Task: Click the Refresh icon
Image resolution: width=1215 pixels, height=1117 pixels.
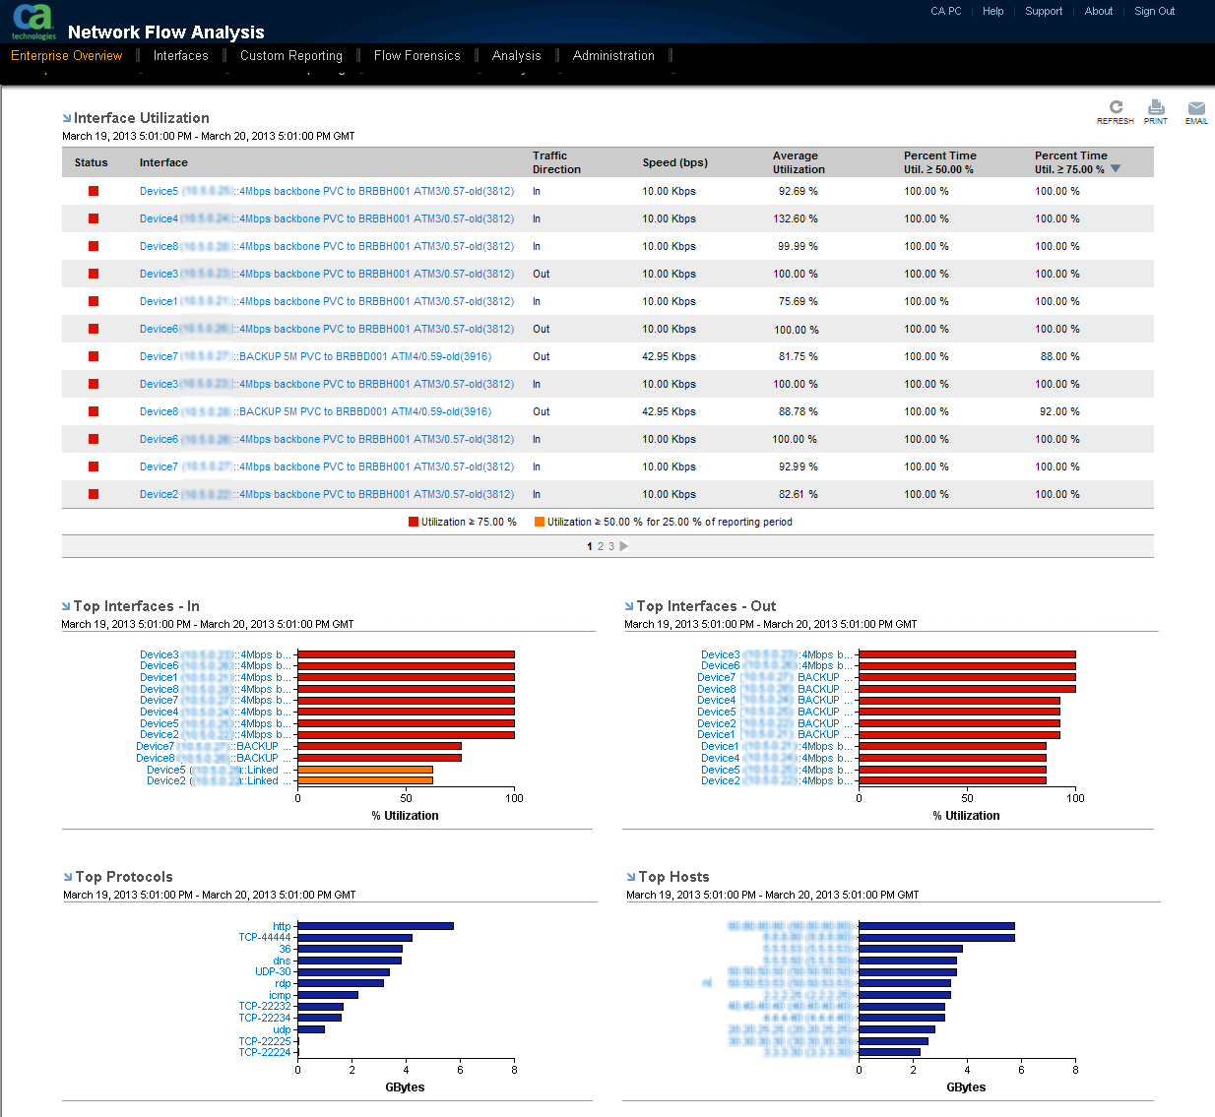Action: point(1116,108)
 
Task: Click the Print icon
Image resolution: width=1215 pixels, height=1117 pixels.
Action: point(1156,108)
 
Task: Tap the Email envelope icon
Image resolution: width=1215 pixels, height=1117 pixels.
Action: point(1196,108)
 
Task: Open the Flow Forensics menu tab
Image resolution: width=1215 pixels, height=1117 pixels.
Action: point(416,56)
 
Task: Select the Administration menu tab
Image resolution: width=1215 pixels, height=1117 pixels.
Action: point(613,56)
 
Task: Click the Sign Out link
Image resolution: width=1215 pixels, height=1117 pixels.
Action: point(1154,12)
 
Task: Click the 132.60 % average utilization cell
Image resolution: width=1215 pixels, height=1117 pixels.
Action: point(796,218)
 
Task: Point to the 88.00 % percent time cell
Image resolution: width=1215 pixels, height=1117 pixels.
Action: point(1059,356)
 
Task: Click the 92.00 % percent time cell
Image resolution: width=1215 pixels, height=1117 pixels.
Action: point(1059,411)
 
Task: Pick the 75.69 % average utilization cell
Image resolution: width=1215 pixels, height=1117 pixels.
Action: point(798,301)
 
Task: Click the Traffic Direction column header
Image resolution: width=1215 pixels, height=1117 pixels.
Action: point(556,162)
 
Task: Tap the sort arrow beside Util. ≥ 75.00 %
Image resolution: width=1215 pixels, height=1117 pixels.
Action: point(1116,169)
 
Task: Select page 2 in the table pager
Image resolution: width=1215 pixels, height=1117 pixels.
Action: point(601,546)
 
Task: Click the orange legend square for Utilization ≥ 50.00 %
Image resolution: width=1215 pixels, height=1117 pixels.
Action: point(540,522)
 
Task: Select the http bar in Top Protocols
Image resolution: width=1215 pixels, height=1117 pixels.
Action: point(375,926)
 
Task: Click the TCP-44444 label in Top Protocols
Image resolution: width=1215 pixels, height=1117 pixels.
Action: point(265,938)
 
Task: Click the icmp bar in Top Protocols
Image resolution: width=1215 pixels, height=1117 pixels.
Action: point(328,995)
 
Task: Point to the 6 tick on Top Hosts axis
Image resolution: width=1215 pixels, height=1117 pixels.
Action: point(1021,1070)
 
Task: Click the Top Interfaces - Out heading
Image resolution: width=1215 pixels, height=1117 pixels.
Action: point(706,606)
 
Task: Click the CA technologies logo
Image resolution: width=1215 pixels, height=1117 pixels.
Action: point(33,22)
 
